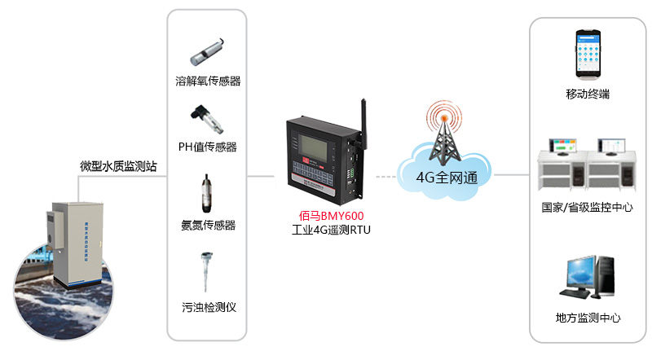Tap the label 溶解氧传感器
click(x=207, y=81)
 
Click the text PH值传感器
click(x=207, y=147)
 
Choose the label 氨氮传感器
click(x=207, y=225)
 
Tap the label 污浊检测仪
click(x=207, y=308)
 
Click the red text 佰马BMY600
click(x=331, y=217)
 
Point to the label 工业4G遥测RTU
click(x=331, y=231)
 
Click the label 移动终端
click(x=588, y=94)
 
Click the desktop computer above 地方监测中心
click(x=588, y=278)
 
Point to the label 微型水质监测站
click(x=118, y=166)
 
